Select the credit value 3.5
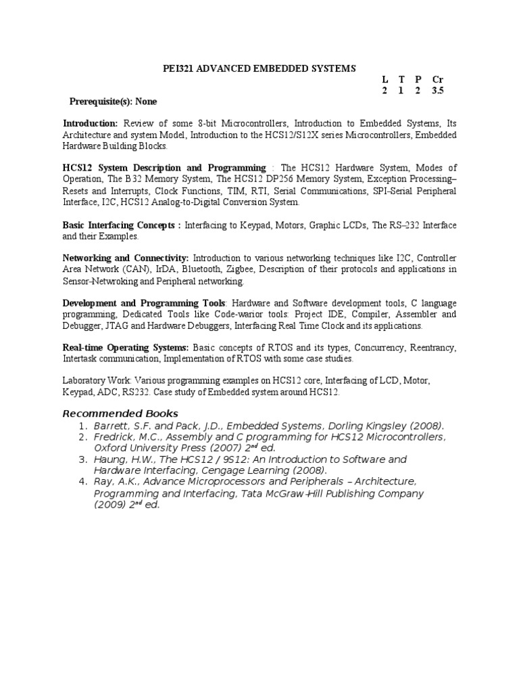[438, 91]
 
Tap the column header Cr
[437, 80]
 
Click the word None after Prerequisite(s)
[146, 102]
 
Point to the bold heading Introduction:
[91, 124]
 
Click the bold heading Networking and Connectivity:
[126, 258]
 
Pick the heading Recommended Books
[120, 413]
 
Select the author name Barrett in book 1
[112, 426]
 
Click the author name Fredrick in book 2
[113, 437]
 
